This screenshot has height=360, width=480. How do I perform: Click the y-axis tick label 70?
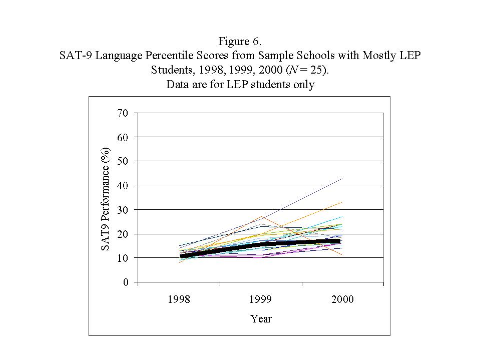(x=123, y=113)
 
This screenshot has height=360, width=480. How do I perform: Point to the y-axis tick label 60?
(x=123, y=137)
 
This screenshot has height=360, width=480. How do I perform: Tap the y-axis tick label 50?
(x=123, y=161)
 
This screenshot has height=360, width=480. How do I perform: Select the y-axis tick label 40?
(x=123, y=186)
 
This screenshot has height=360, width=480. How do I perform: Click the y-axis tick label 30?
(x=123, y=210)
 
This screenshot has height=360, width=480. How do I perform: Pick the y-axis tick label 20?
(x=123, y=234)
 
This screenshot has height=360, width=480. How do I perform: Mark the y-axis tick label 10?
(x=123, y=258)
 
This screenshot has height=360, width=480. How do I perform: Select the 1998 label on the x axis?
(x=179, y=299)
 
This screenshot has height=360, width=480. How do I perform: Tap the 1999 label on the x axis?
(x=261, y=299)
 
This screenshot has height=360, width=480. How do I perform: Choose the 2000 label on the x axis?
(x=343, y=299)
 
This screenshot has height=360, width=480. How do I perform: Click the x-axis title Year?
(x=261, y=318)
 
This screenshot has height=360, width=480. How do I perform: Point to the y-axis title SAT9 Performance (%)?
(x=106, y=199)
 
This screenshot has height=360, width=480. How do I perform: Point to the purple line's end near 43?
(x=342, y=178)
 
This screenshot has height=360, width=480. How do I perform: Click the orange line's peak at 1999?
(x=261, y=217)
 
